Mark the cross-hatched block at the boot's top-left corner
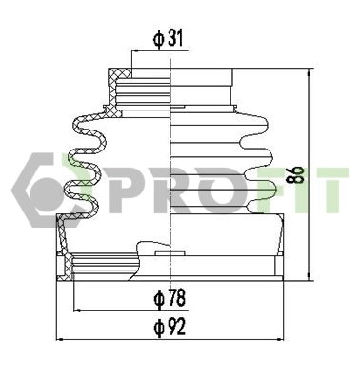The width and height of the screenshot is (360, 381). click(x=118, y=76)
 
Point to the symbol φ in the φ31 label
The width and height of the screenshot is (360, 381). click(x=158, y=39)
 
